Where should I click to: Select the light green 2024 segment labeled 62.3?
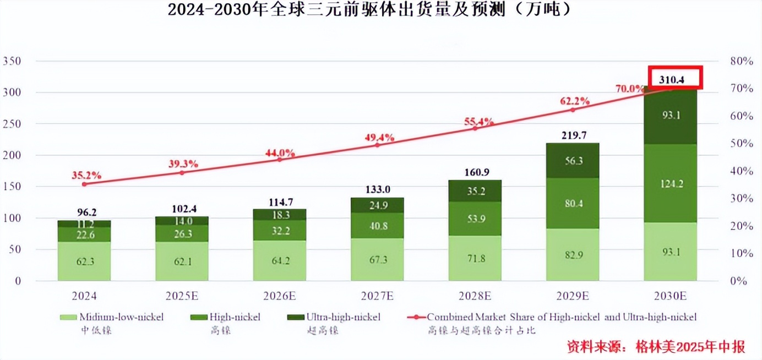coord(84,261)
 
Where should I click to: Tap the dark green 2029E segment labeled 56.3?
coord(573,160)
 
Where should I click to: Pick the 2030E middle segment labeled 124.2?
coord(671,183)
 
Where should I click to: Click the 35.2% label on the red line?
coord(86,176)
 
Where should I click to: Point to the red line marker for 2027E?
coord(377,145)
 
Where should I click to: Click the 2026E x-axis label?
coord(280,296)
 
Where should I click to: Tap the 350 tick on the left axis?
coord(10,61)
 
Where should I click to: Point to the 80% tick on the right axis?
coord(741,61)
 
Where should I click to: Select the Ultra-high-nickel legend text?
coord(343,317)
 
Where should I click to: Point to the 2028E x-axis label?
coord(475,296)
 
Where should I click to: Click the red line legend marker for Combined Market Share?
coord(416,318)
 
